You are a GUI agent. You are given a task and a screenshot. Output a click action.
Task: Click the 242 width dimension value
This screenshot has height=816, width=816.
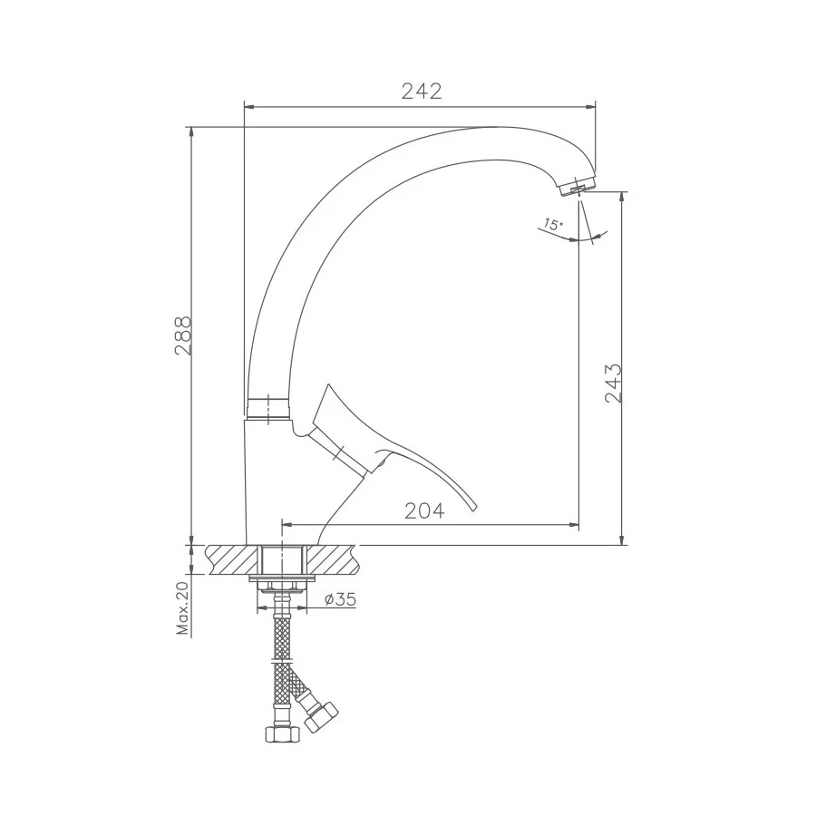(422, 91)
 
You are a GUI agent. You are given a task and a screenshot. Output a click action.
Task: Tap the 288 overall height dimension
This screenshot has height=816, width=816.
(183, 335)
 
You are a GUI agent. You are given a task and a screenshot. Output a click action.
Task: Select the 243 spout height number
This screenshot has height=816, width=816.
(614, 383)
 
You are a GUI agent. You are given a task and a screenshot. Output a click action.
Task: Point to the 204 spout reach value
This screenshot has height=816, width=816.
(424, 511)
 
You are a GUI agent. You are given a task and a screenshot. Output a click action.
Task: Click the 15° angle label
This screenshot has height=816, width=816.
(553, 225)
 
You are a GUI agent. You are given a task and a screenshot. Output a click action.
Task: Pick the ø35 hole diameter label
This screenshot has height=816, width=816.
(340, 599)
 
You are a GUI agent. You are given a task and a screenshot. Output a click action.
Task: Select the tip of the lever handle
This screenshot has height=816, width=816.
(473, 510)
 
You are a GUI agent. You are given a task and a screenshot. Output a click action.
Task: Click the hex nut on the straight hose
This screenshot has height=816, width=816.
(282, 733)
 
